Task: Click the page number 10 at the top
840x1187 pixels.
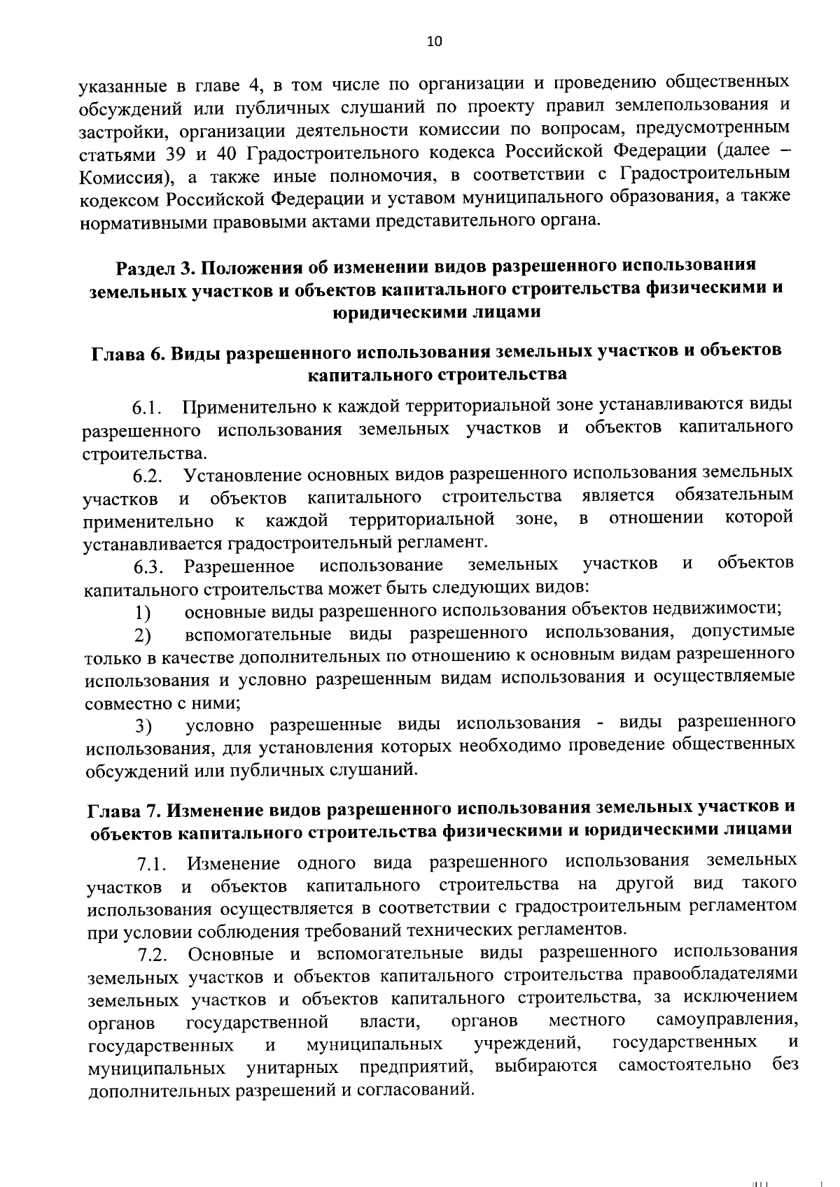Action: pos(434,41)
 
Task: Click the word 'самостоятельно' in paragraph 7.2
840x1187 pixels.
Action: pos(685,1065)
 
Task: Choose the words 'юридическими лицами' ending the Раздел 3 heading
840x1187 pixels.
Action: pos(436,312)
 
